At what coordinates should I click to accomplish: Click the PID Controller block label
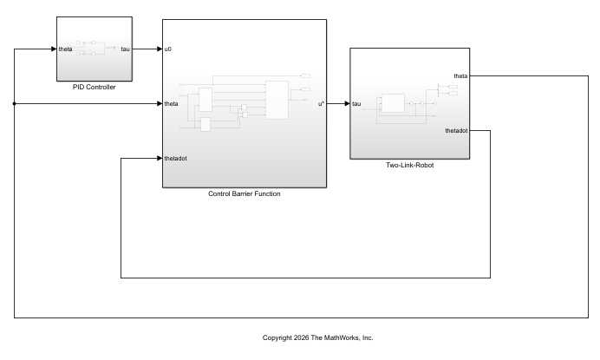pos(95,88)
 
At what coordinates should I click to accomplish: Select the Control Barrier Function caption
pos(245,193)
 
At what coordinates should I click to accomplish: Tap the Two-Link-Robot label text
pos(409,165)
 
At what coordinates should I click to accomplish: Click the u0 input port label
pos(168,49)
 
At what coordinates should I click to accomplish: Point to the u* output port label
pos(322,104)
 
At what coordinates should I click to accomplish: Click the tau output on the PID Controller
pos(126,49)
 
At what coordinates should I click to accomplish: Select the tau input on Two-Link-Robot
pos(356,104)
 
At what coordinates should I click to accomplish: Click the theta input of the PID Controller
pos(65,49)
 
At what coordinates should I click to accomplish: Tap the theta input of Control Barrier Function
pos(171,104)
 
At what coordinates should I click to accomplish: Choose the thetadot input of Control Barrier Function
pos(176,159)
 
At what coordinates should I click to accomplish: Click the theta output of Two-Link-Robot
pos(460,76)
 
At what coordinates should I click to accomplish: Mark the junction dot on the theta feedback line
pos(15,104)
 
